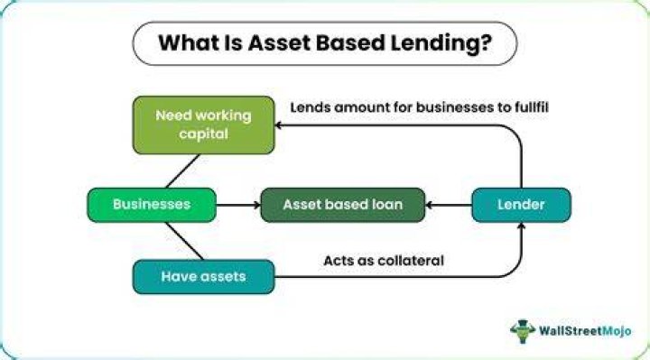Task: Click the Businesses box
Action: pyautogui.click(x=152, y=205)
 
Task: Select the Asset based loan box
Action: pyautogui.click(x=343, y=205)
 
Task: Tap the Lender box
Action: pyautogui.click(x=522, y=205)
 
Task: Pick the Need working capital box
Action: pyautogui.click(x=203, y=125)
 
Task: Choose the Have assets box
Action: pyautogui.click(x=203, y=277)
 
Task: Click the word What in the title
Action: pyautogui.click(x=189, y=42)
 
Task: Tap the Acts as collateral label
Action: pyautogui.click(x=384, y=261)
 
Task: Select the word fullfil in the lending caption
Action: pyautogui.click(x=532, y=107)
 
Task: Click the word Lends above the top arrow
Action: pyautogui.click(x=310, y=107)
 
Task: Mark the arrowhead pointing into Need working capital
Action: pyautogui.click(x=278, y=125)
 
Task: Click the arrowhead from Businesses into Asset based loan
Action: pyautogui.click(x=257, y=205)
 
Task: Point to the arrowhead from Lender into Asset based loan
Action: pyautogui.click(x=429, y=205)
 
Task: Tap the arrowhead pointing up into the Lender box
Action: pyautogui.click(x=522, y=226)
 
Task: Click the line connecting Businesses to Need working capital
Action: pyautogui.click(x=182, y=171)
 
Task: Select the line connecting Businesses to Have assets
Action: pyautogui.click(x=184, y=241)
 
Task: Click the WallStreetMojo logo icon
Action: pyautogui.click(x=523, y=331)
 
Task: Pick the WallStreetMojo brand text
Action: pyautogui.click(x=585, y=331)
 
